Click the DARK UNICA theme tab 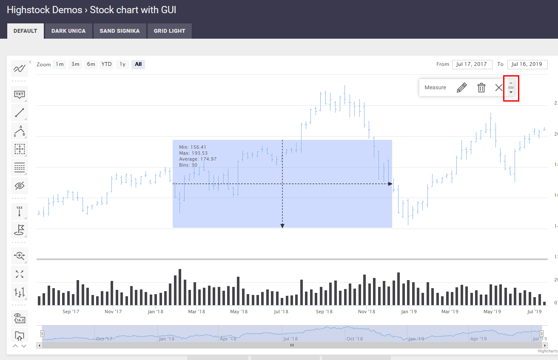68,31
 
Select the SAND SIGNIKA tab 120,31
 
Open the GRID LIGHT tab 169,31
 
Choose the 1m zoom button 60,64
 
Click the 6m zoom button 91,64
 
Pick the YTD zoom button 106,64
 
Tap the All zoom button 138,64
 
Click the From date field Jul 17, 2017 472,64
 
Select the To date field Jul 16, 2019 527,64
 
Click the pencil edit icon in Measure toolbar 461,88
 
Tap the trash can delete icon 481,88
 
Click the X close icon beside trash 499,88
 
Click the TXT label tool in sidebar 20,94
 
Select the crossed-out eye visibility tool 20,186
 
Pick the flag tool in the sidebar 20,230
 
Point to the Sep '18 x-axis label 324,312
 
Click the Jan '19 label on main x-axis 409,312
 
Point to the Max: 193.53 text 193,153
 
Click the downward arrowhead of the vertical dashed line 282,226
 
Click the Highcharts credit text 547,351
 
